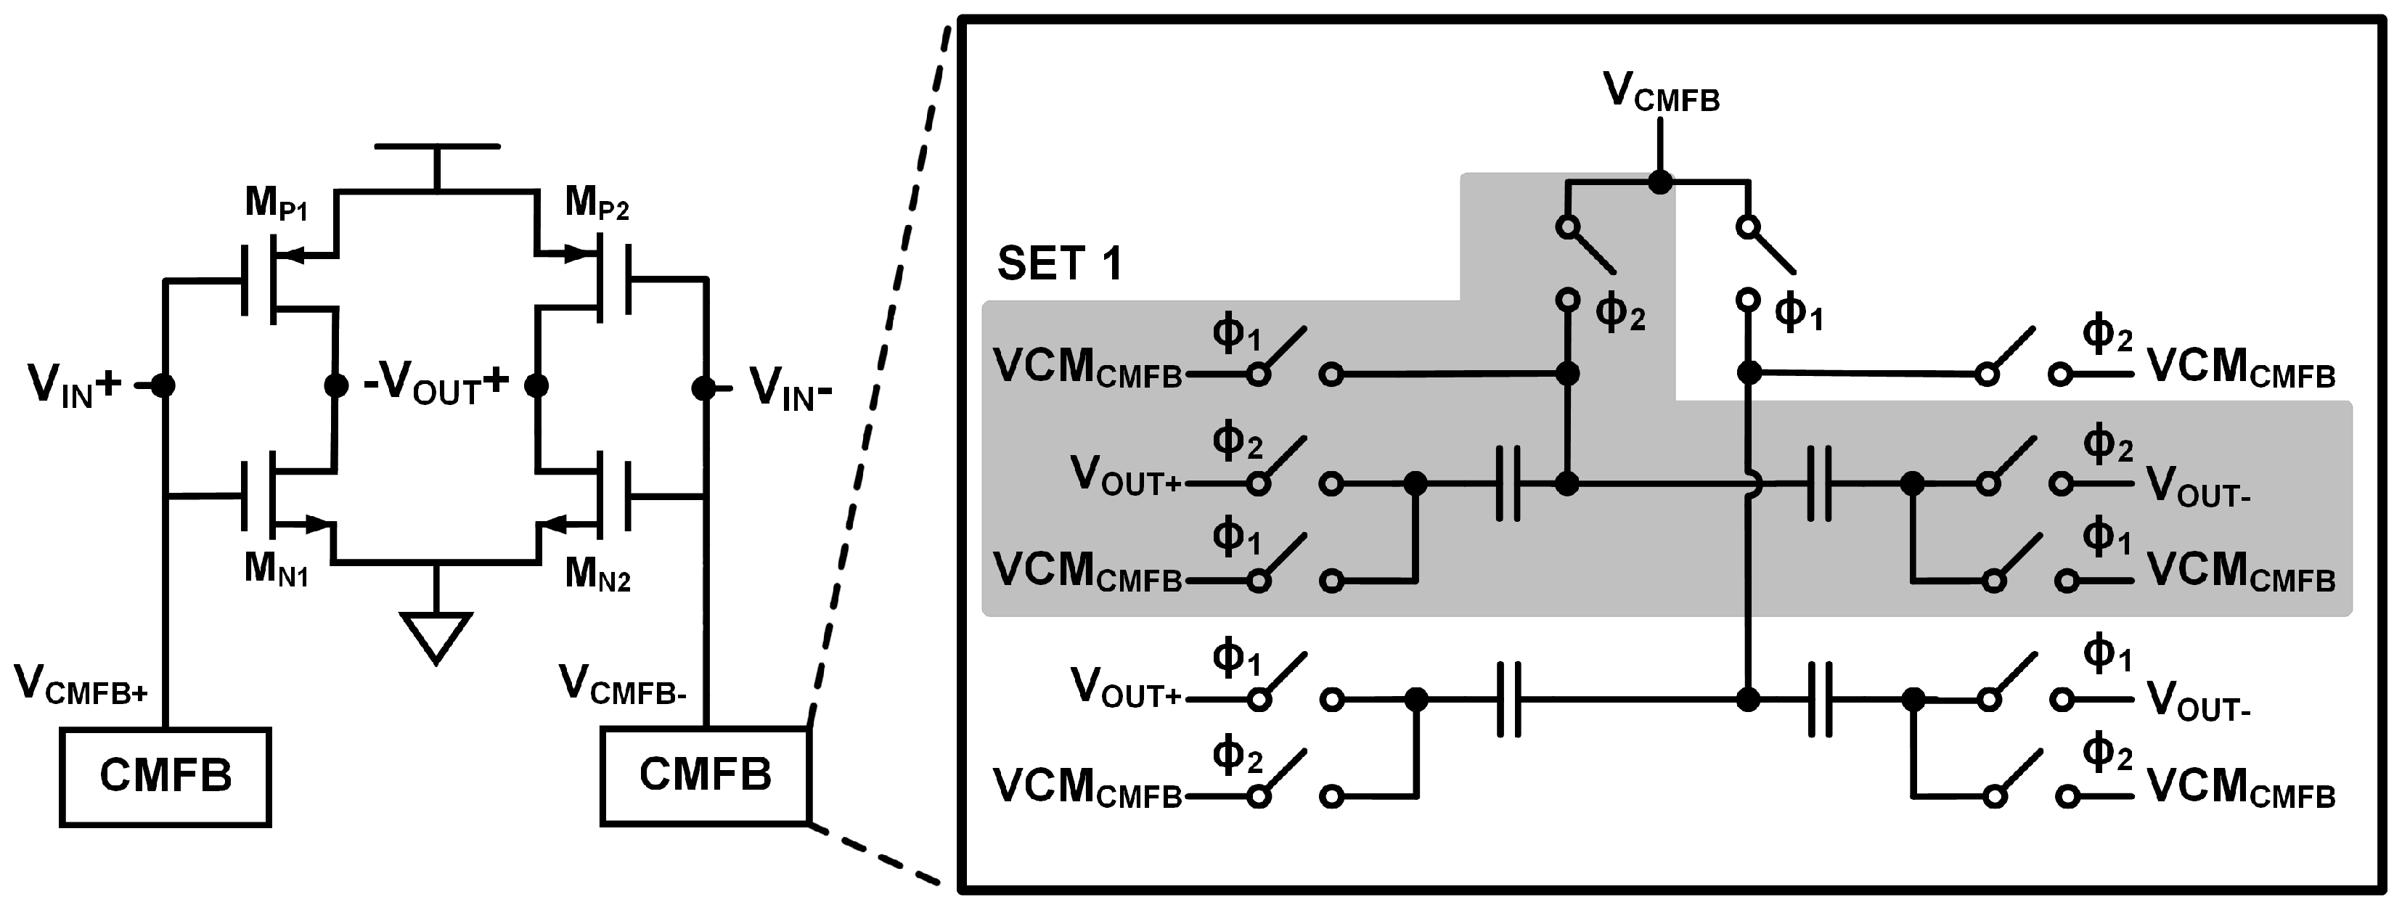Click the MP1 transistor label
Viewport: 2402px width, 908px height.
(276, 203)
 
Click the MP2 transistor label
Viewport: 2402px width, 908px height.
(597, 203)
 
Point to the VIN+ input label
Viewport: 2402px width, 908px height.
(75, 385)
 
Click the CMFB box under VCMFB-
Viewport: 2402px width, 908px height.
(705, 774)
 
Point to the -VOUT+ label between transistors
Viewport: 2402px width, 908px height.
(436, 384)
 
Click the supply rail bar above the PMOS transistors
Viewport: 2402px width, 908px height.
(436, 147)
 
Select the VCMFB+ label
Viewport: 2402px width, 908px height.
(81, 686)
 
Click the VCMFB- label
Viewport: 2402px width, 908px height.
(623, 686)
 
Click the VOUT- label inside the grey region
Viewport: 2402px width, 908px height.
(2199, 486)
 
